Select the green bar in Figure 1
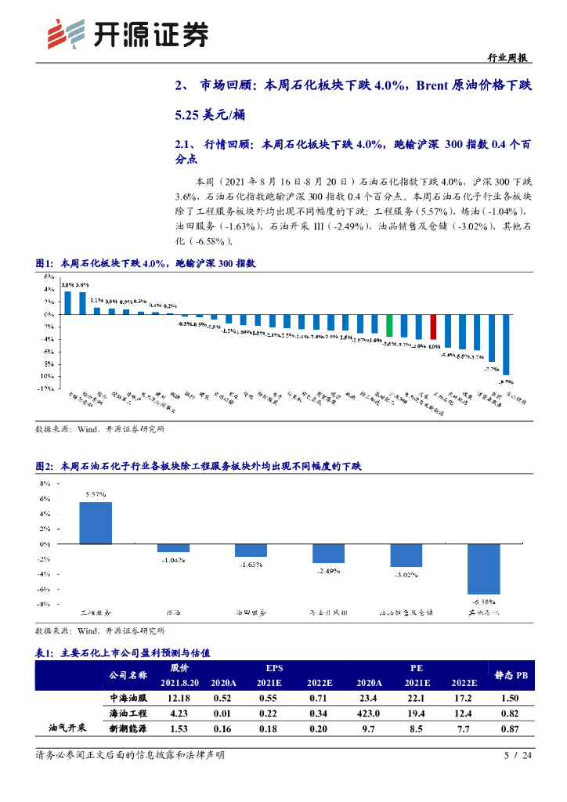click(x=389, y=326)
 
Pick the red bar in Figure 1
click(x=433, y=327)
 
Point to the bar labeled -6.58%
click(x=483, y=569)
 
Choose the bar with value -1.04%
click(x=173, y=547)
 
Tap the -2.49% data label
click(x=328, y=572)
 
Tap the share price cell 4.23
click(x=179, y=713)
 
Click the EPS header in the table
click(x=273, y=668)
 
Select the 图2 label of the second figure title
click(x=43, y=466)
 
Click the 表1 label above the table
click(x=43, y=651)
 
